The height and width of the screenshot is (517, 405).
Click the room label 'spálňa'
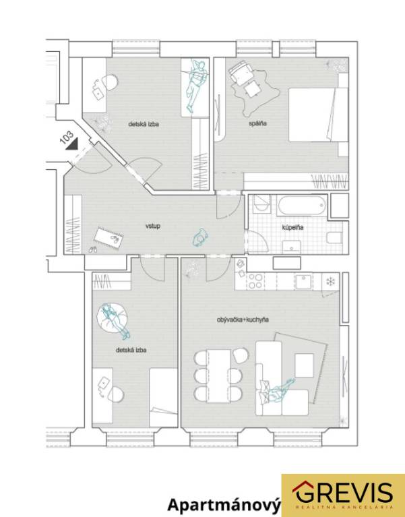(257, 123)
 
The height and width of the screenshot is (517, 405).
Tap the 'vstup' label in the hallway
(153, 226)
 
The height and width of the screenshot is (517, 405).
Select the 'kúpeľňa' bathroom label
(292, 227)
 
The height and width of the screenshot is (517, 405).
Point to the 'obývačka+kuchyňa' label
(243, 320)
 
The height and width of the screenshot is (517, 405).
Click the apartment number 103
(66, 138)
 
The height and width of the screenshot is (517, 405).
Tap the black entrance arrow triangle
(73, 144)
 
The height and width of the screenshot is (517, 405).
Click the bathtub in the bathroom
(302, 205)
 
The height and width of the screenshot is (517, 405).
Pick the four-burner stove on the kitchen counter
(255, 281)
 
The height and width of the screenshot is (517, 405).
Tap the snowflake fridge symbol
(330, 281)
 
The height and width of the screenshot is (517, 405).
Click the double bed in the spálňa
(318, 115)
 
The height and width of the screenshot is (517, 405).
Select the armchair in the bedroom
(241, 71)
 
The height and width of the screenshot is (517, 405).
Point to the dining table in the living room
(219, 376)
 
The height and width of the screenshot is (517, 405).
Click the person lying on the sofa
(277, 391)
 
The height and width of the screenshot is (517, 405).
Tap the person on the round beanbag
(115, 320)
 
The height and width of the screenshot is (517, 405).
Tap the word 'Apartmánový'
(224, 505)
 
